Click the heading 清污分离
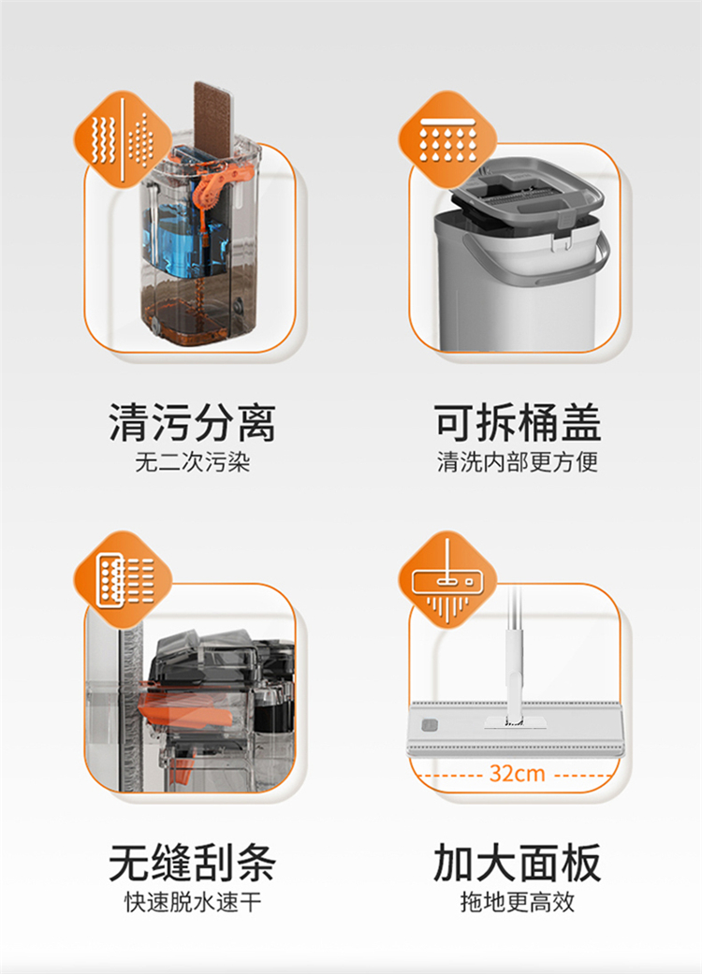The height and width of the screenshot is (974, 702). pyautogui.click(x=192, y=423)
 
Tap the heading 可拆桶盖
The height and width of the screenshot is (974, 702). pyautogui.click(x=517, y=423)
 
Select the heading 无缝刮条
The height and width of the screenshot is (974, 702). pyautogui.click(x=192, y=863)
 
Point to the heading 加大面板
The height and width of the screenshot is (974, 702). pyautogui.click(x=517, y=863)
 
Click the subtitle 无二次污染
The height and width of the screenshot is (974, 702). pyautogui.click(x=192, y=462)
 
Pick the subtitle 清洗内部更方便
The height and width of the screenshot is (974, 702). pyautogui.click(x=517, y=462)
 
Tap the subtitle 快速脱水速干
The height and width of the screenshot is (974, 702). pyautogui.click(x=192, y=902)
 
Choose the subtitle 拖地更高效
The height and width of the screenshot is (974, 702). pyautogui.click(x=517, y=902)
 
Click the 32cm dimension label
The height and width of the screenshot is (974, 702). pyautogui.click(x=517, y=774)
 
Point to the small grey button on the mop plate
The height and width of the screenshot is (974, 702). pyautogui.click(x=429, y=725)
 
